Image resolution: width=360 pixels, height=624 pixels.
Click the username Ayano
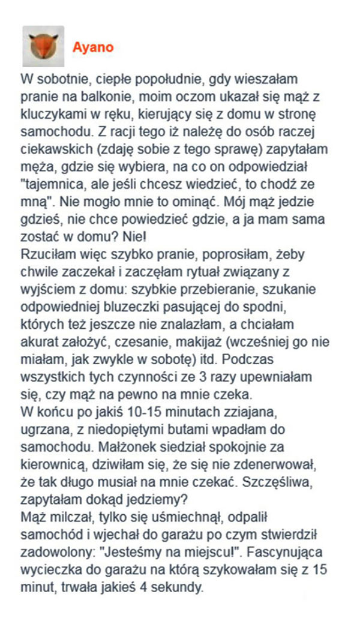pyautogui.click(x=92, y=47)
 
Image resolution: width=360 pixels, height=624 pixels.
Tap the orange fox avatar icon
pyautogui.click(x=43, y=46)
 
